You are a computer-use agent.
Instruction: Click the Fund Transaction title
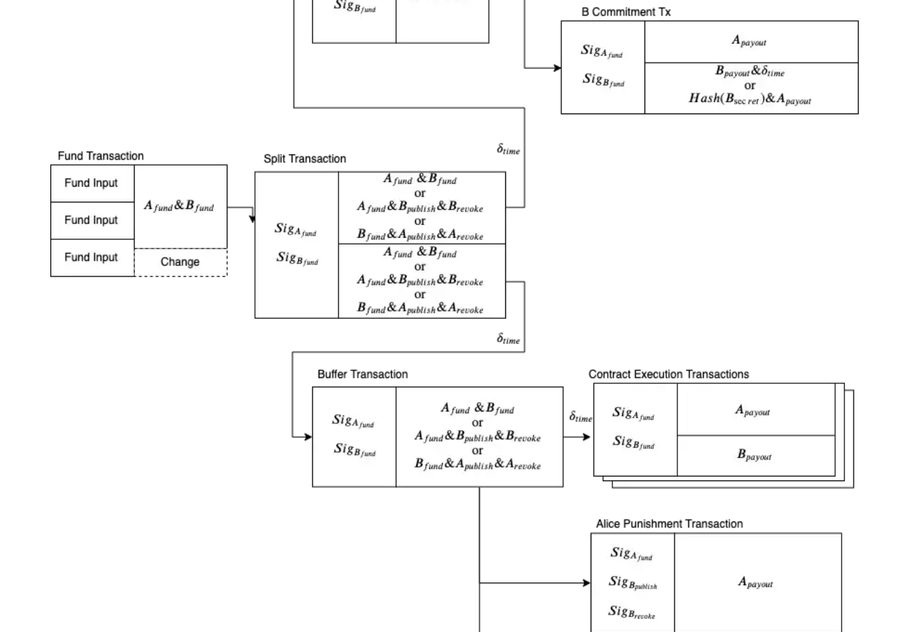(101, 156)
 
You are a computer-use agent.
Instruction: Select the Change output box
(180, 262)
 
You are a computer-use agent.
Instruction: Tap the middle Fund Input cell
(91, 220)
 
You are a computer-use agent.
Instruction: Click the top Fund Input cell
(91, 183)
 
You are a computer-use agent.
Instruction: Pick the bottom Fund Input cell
(91, 257)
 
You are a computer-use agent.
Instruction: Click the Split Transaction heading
(305, 159)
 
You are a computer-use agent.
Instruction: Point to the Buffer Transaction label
(363, 375)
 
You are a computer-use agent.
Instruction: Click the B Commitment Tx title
(626, 12)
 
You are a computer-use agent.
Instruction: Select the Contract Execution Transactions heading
(668, 375)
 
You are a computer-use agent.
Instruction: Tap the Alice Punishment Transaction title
(669, 524)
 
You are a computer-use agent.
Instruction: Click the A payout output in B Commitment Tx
(749, 42)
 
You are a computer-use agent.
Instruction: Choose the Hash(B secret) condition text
(750, 99)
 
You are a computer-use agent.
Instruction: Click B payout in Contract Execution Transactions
(754, 455)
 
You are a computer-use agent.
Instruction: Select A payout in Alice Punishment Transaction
(756, 583)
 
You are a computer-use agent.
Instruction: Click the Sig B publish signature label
(633, 583)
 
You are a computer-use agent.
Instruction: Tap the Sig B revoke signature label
(632, 613)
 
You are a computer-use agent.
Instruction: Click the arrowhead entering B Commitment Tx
(557, 68)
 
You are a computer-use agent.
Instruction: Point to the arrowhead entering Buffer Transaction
(308, 437)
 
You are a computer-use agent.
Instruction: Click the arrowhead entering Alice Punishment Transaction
(587, 583)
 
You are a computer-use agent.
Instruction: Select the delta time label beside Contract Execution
(581, 417)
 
